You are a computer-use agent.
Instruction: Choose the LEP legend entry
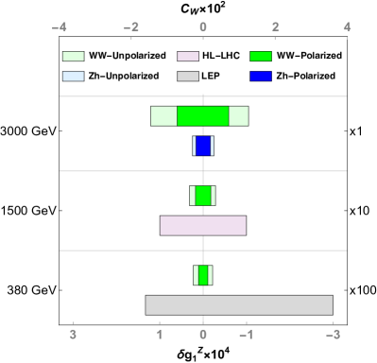coord(208,75)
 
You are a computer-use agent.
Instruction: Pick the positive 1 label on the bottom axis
coord(160,334)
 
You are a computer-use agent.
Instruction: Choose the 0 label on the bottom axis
coord(203,334)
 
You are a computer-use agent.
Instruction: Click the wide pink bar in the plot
coord(202,225)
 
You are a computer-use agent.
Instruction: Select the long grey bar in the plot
coord(239,304)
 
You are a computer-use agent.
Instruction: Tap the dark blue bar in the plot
coord(203,146)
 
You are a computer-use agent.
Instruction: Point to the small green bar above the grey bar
coord(203,274)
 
